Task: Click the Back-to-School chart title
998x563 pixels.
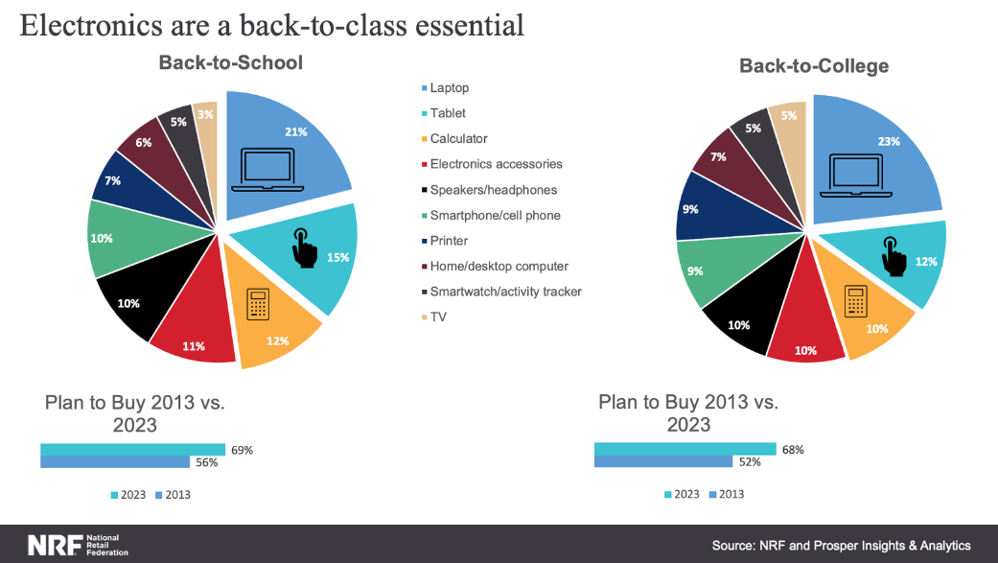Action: (230, 63)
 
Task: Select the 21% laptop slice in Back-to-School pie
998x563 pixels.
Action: (288, 144)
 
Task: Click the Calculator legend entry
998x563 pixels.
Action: (458, 139)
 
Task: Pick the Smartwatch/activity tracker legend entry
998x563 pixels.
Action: (505, 292)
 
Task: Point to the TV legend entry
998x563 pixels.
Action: (438, 317)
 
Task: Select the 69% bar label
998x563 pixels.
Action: (242, 450)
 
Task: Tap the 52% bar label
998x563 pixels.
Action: (750, 462)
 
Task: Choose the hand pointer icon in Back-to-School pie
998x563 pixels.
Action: (304, 248)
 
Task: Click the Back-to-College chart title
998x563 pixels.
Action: (813, 66)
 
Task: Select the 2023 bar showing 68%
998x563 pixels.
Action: (685, 449)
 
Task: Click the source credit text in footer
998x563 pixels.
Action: (841, 545)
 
